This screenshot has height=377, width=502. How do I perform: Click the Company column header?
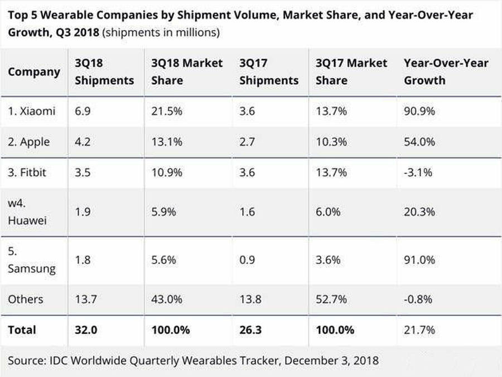pyautogui.click(x=34, y=72)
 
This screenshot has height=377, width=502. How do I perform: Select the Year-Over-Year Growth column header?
pyautogui.click(x=446, y=72)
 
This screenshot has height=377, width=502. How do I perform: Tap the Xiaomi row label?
pyautogui.click(x=32, y=111)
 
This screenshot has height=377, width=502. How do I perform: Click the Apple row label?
pyautogui.click(x=29, y=142)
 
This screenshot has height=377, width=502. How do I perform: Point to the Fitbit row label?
pyautogui.click(x=27, y=172)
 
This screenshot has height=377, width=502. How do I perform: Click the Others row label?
pyautogui.click(x=26, y=299)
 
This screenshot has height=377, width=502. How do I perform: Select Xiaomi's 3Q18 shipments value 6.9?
pyautogui.click(x=83, y=111)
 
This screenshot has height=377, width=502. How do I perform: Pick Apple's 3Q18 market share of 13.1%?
pyautogui.click(x=167, y=142)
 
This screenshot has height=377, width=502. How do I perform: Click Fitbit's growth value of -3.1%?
pyautogui.click(x=418, y=172)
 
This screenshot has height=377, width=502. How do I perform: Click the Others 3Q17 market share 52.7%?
pyautogui.click(x=332, y=299)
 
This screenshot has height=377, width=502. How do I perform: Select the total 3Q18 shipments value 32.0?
pyautogui.click(x=86, y=330)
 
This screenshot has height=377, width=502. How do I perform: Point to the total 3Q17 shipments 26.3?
pyautogui.click(x=251, y=330)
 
